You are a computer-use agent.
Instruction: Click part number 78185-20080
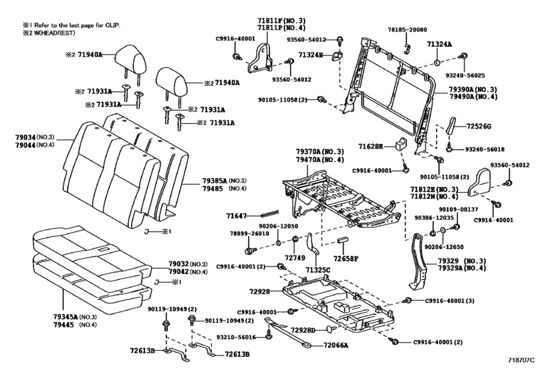coord(407,30)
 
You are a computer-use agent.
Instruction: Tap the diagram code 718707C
coord(521,360)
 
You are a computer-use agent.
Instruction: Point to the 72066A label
coord(335,346)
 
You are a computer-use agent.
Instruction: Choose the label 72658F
coord(346,258)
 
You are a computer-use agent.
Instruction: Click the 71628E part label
coord(370,147)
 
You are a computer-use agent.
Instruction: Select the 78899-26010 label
coord(249,234)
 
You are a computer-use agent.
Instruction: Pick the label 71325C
coord(317,270)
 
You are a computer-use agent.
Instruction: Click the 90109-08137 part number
coord(458,209)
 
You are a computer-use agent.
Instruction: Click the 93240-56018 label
coord(485,149)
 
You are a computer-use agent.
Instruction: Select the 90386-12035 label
coord(434,218)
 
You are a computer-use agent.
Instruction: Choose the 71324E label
coord(311,55)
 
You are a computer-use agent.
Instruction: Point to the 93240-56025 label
coord(465,75)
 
